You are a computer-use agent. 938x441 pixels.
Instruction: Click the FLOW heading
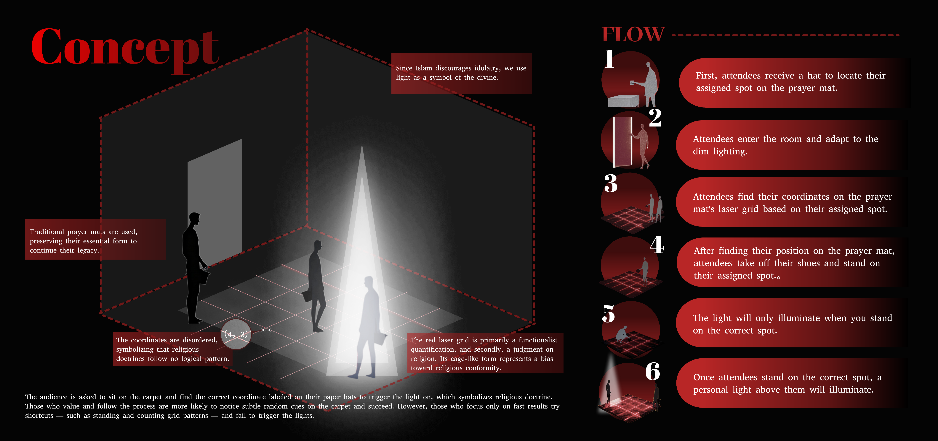point(633,35)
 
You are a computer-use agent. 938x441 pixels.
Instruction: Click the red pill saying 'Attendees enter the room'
point(790,145)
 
